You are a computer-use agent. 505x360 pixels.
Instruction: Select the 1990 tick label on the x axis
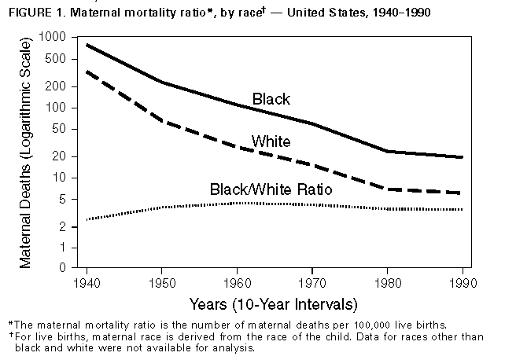(x=464, y=281)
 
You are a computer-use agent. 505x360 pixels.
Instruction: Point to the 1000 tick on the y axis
(x=61, y=37)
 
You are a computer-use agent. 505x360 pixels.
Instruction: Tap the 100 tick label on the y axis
(x=63, y=108)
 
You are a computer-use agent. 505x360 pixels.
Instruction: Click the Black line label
(x=271, y=99)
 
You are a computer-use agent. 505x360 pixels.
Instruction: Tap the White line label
(x=271, y=142)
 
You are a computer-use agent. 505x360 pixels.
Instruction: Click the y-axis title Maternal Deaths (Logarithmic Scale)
(x=27, y=153)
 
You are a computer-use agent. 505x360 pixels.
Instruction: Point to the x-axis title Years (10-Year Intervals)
(x=273, y=303)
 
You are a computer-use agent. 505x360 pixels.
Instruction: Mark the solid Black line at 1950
(x=160, y=82)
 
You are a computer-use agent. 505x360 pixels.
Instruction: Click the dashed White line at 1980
(x=388, y=189)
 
